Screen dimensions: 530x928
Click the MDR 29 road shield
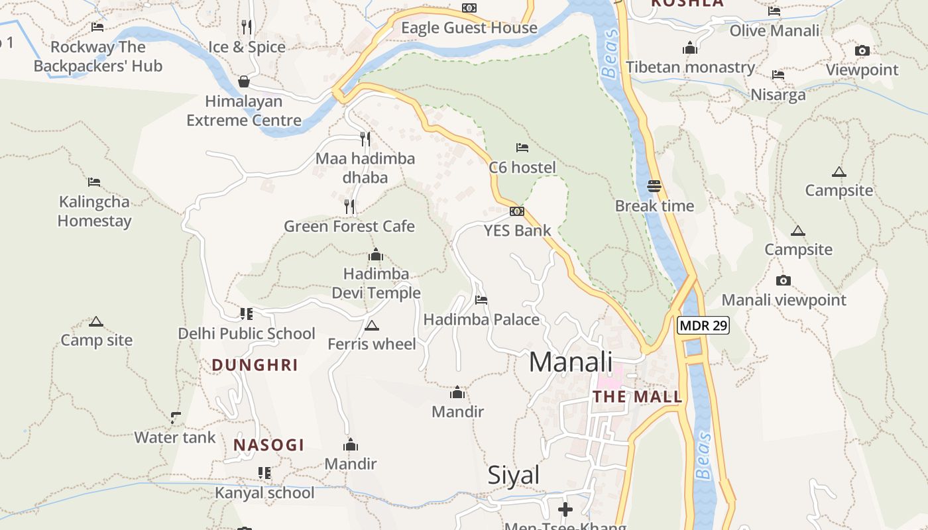click(703, 325)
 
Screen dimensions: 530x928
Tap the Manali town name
click(571, 362)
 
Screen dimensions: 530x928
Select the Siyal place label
click(514, 475)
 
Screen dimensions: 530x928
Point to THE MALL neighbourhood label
click(637, 397)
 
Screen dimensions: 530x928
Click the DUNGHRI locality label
click(255, 365)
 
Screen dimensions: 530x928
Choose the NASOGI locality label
click(268, 445)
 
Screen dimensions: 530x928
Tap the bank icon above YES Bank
click(517, 211)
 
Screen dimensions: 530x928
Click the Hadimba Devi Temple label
click(376, 283)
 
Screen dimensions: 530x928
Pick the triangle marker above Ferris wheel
click(372, 325)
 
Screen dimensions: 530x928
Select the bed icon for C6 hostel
click(522, 148)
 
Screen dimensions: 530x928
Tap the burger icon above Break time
click(654, 186)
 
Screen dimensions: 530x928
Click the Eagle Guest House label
click(469, 28)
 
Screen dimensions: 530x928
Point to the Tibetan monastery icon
click(690, 48)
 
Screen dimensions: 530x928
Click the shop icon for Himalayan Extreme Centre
click(244, 81)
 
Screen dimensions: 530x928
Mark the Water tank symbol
click(175, 417)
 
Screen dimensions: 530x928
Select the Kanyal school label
click(264, 493)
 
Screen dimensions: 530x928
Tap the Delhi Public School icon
click(247, 313)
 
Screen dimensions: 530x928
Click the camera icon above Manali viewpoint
click(783, 280)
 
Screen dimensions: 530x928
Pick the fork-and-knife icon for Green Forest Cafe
click(349, 207)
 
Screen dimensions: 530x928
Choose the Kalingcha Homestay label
click(95, 211)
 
